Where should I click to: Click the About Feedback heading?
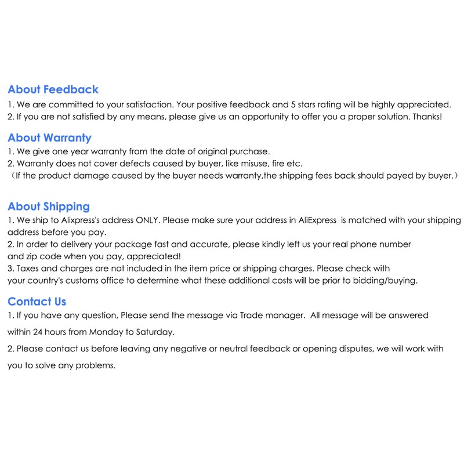click(53, 89)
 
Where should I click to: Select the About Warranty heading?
click(49, 138)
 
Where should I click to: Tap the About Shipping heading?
click(48, 206)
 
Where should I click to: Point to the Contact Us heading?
click(37, 302)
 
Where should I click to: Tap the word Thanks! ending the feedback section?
click(427, 117)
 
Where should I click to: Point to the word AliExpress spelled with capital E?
click(317, 220)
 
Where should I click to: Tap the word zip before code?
click(34, 256)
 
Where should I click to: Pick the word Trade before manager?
click(252, 316)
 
